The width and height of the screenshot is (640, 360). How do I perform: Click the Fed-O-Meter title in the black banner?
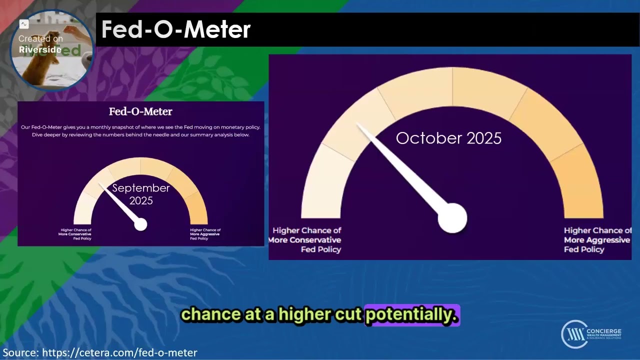(x=175, y=30)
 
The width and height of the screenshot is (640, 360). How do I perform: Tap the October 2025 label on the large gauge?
(x=448, y=138)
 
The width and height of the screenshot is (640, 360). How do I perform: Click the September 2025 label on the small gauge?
(x=141, y=194)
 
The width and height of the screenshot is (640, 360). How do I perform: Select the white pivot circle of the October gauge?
(x=452, y=218)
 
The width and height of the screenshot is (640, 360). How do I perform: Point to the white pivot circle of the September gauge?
(x=140, y=224)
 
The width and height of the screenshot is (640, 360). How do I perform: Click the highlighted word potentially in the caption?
(x=411, y=314)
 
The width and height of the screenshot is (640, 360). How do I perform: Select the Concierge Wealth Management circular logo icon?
(x=573, y=334)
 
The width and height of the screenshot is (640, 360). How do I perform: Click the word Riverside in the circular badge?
(x=40, y=49)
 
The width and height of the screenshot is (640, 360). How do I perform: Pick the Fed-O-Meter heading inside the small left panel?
(x=140, y=111)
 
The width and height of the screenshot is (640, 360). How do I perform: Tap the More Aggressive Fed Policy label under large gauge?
(x=597, y=240)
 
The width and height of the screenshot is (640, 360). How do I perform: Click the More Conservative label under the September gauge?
(x=75, y=234)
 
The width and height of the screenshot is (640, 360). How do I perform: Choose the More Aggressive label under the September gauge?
(x=205, y=234)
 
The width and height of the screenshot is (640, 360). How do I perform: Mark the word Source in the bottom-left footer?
(x=18, y=353)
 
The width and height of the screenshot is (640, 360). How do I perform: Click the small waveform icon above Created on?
(x=23, y=24)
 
